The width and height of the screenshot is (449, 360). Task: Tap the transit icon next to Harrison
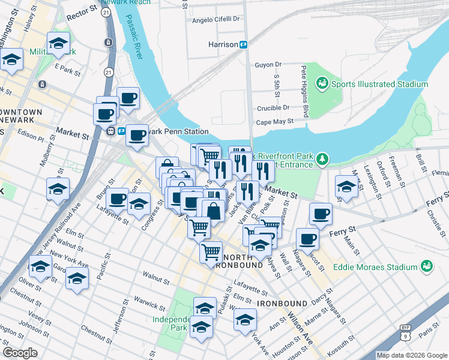pos(244,44)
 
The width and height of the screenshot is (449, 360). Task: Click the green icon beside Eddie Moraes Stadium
pos(427,265)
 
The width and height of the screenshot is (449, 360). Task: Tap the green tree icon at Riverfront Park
pos(323,158)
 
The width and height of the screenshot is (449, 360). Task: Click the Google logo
pos(20,353)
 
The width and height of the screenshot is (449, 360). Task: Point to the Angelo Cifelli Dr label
pos(215,19)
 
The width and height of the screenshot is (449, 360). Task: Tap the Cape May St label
pos(275,121)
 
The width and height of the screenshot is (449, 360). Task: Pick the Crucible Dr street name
pos(274,107)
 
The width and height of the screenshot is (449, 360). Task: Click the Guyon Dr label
pos(268,64)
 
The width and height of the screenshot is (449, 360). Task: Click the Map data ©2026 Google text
pos(412,355)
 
